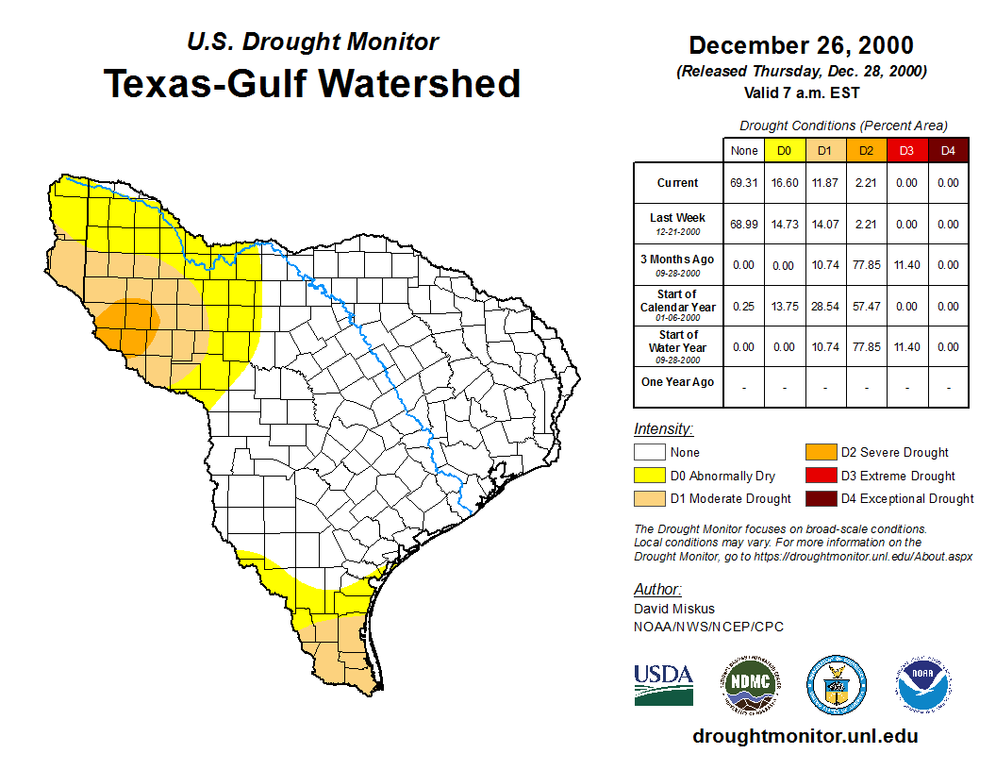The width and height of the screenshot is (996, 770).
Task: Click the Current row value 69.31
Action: pyautogui.click(x=743, y=183)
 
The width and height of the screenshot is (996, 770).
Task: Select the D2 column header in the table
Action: pyautogui.click(x=866, y=150)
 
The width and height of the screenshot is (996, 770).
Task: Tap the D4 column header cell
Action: pyautogui.click(x=948, y=150)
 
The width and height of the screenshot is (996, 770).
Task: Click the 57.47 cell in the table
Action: pyautogui.click(x=866, y=307)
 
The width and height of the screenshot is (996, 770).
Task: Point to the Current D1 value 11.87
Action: pyautogui.click(x=824, y=183)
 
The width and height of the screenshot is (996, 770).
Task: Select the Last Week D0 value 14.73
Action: pyautogui.click(x=784, y=225)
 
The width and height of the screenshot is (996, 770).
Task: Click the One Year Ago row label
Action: pyautogui.click(x=678, y=382)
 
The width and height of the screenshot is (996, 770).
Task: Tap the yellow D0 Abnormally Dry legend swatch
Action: pyautogui.click(x=649, y=476)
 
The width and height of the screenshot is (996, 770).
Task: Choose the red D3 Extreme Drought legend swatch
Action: pyautogui.click(x=820, y=476)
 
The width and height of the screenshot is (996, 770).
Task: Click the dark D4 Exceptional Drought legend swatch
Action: pyautogui.click(x=820, y=498)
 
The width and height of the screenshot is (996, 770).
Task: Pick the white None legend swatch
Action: pyautogui.click(x=649, y=453)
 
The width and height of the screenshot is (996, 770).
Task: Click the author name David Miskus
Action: pyautogui.click(x=672, y=609)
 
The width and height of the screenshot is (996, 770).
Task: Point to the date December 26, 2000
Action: pyautogui.click(x=801, y=45)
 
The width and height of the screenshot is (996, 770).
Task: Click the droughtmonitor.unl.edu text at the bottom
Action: pyautogui.click(x=805, y=736)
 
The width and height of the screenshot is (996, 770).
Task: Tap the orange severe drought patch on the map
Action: pyautogui.click(x=128, y=323)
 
